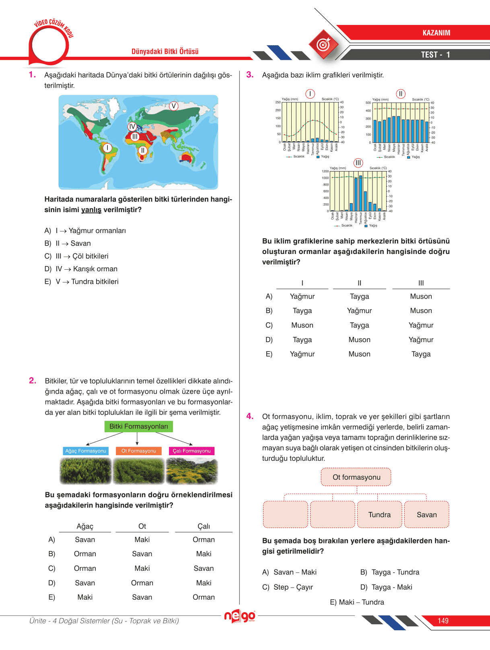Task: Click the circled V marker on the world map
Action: click(173, 106)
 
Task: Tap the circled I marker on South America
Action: click(107, 148)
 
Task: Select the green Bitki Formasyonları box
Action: click(138, 427)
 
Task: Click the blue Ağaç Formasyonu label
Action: click(86, 451)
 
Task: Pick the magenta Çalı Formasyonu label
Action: click(191, 451)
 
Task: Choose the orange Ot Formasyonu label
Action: click(138, 451)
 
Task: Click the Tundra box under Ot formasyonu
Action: click(379, 515)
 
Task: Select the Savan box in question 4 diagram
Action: click(426, 515)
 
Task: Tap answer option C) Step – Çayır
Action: click(288, 587)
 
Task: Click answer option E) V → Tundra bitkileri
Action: click(82, 282)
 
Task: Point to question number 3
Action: click(250, 75)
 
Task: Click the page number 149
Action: click(443, 621)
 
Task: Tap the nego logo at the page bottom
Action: click(240, 616)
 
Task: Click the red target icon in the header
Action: click(323, 44)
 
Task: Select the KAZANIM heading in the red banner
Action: click(436, 33)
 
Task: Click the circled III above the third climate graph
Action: click(358, 163)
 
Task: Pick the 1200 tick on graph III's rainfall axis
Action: click(325, 171)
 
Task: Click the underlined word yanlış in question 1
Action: click(91, 210)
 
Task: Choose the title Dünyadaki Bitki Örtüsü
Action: click(165, 52)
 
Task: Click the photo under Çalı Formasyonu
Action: click(191, 471)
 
